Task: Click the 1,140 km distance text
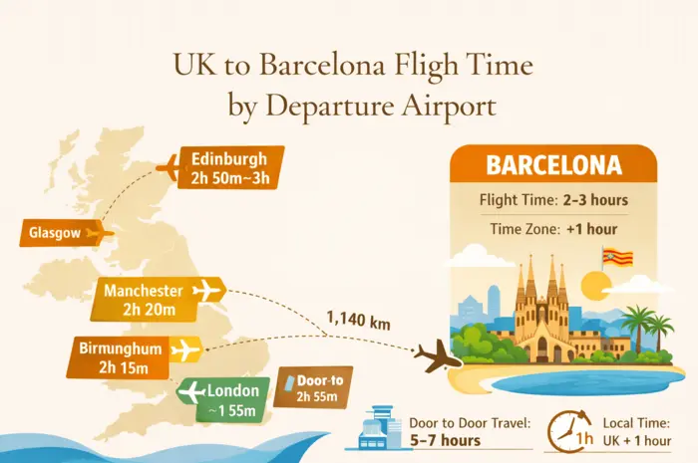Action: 357,321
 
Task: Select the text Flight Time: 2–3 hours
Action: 553,200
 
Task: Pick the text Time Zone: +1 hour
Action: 553,229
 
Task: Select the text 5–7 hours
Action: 446,440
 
